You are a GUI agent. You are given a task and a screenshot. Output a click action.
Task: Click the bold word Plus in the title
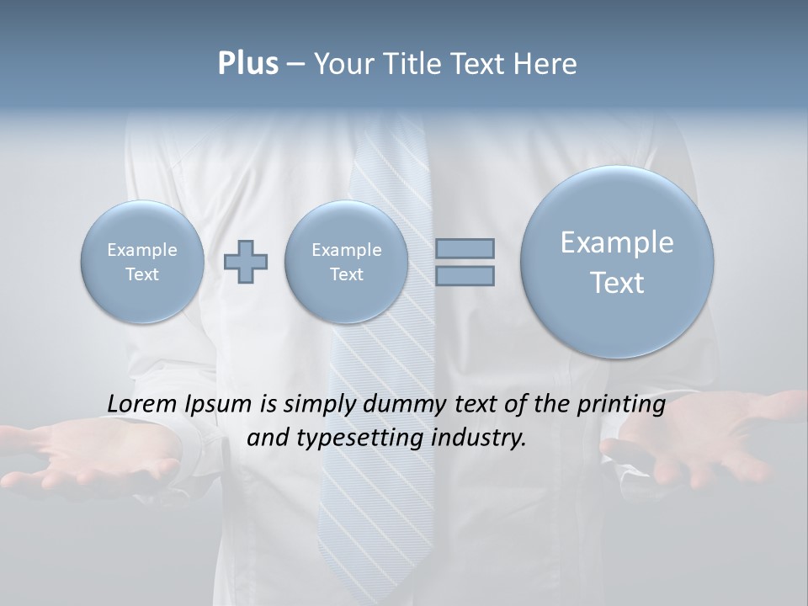pyautogui.click(x=247, y=64)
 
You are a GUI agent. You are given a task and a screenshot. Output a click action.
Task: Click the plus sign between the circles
pyautogui.click(x=246, y=262)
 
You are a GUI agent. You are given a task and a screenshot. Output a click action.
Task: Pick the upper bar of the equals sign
pyautogui.click(x=465, y=248)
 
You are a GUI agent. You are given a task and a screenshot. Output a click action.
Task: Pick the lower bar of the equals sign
pyautogui.click(x=465, y=275)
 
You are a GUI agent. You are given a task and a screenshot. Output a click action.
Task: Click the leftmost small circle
pyautogui.click(x=141, y=262)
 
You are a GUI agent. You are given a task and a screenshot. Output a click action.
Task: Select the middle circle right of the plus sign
pyautogui.click(x=346, y=262)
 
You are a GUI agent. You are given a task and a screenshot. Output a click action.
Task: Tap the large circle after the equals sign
pyautogui.click(x=617, y=262)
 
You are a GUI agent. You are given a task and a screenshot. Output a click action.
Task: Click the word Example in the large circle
pyautogui.click(x=617, y=242)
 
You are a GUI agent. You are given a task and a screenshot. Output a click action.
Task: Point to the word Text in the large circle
pyautogui.click(x=617, y=283)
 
